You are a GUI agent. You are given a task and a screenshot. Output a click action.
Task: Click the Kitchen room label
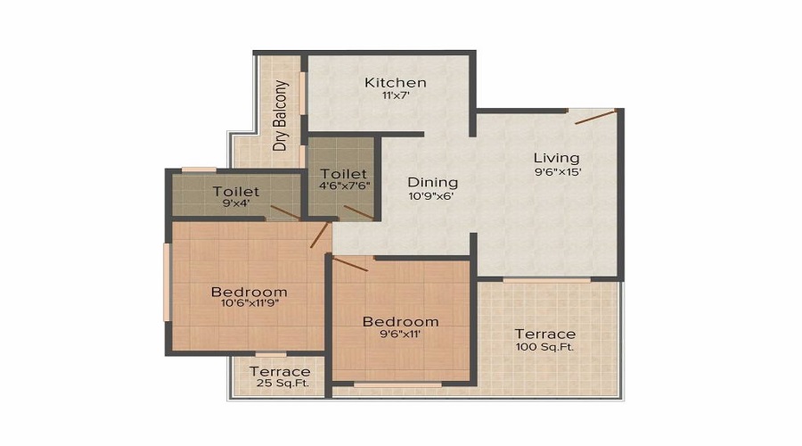click(x=395, y=83)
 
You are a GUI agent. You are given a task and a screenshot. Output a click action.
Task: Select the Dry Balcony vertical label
click(x=281, y=115)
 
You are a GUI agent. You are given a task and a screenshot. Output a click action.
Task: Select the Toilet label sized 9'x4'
click(x=236, y=191)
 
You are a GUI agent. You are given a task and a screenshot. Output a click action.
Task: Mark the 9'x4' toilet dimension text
click(x=236, y=203)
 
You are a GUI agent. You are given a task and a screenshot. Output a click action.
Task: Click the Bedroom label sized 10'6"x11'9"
click(x=249, y=292)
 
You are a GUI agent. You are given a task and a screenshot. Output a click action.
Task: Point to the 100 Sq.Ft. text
click(x=544, y=347)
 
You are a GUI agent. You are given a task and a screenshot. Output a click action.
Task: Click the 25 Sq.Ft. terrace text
click(x=279, y=384)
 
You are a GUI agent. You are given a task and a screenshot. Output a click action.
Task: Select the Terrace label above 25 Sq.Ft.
click(x=280, y=371)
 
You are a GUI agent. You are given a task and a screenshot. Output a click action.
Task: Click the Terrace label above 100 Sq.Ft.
click(x=544, y=334)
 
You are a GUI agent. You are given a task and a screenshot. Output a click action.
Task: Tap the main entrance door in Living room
click(x=594, y=117)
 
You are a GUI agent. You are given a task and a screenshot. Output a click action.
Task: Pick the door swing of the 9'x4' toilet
click(x=285, y=211)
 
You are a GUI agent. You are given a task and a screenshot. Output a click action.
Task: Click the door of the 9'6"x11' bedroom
click(x=350, y=264)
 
